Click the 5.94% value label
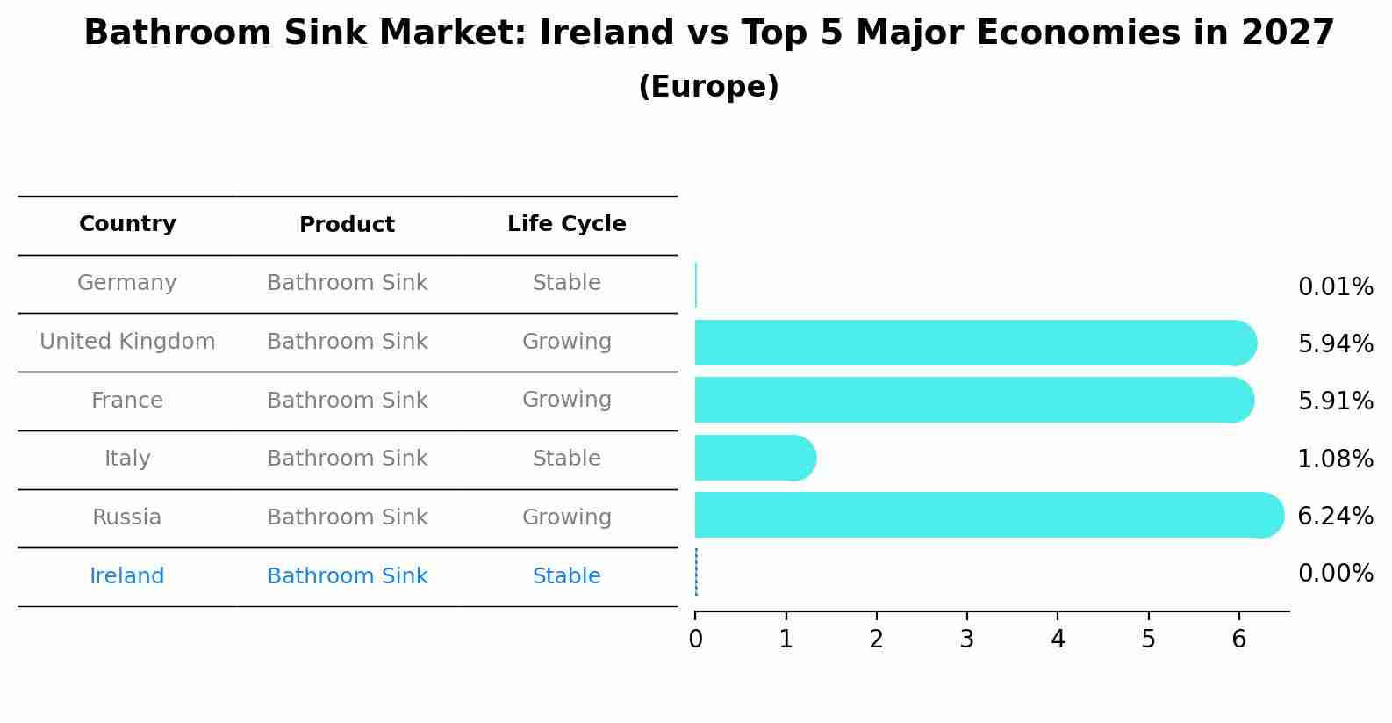pos(1335,344)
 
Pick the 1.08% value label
pos(1335,459)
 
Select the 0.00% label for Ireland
pos(1335,574)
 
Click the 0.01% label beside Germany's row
pos(1335,287)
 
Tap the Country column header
pos(127,224)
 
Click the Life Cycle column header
pos(566,224)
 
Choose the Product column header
pos(347,225)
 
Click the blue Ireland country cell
pos(127,576)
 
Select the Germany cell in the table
pos(127,283)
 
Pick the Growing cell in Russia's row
pos(566,517)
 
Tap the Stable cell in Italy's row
pos(566,459)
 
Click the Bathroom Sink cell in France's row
pos(347,401)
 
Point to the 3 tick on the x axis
pos(966,639)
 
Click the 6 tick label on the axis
pos(1238,639)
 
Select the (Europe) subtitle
pos(708,87)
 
